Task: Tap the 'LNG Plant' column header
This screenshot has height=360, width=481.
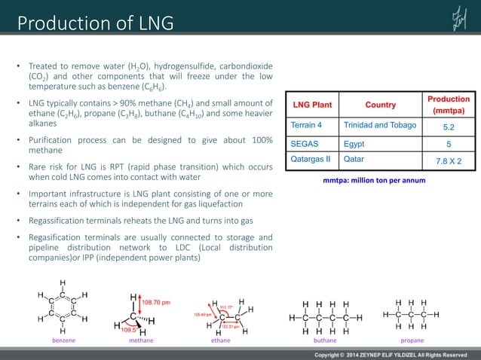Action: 313,105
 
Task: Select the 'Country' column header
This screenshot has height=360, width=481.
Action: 381,105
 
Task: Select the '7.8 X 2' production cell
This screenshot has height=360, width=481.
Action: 448,160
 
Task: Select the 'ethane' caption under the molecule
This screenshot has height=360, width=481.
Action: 221,340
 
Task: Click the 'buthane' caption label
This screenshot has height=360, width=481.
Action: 325,340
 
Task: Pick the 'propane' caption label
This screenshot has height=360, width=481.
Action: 412,340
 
